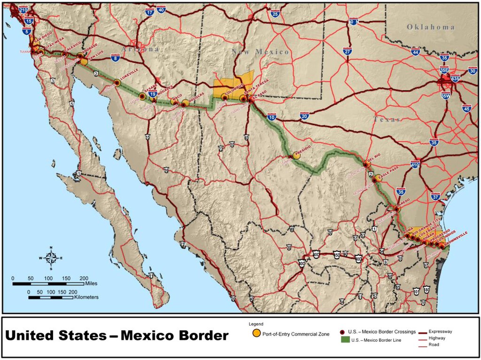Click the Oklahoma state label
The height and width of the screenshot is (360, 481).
[x=431, y=27]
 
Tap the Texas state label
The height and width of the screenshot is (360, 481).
[x=387, y=119]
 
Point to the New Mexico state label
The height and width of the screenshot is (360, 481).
[x=261, y=52]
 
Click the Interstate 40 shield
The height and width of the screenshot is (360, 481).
[x=161, y=9]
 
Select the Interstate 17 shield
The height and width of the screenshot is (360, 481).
[x=150, y=13]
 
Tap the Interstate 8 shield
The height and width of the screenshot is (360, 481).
[x=115, y=58]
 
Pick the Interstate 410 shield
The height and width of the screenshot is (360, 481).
[x=415, y=164]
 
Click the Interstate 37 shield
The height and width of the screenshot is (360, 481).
[x=435, y=196]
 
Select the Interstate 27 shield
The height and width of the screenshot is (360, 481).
[x=348, y=52]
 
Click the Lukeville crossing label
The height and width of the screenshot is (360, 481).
[x=129, y=78]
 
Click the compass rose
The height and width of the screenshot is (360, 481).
[x=51, y=258]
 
